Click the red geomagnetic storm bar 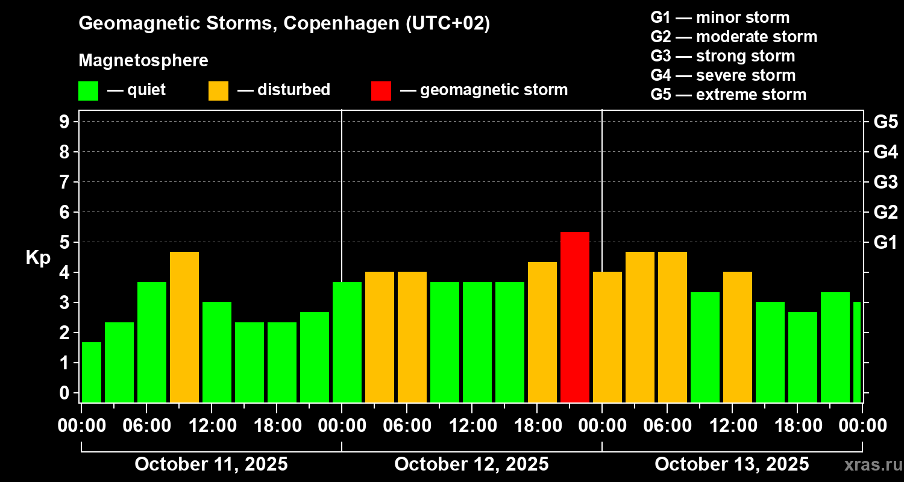pos(574,317)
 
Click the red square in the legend pos(381,90)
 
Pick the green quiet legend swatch pos(88,90)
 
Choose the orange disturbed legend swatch pos(218,90)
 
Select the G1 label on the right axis pos(885,242)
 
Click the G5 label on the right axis pos(885,122)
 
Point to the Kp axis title pos(37,258)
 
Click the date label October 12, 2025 pos(471,465)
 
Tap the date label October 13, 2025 pos(732,465)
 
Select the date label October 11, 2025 pos(211,465)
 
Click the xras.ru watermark pos(868,465)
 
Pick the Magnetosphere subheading pos(143,61)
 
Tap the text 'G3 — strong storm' pos(723,56)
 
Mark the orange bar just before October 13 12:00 pos(738,337)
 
